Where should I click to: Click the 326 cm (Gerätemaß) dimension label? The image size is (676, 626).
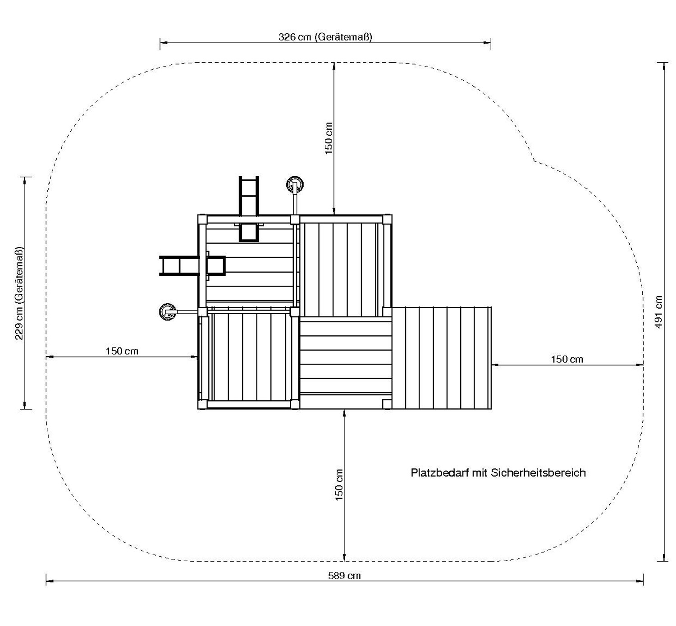click(x=325, y=37)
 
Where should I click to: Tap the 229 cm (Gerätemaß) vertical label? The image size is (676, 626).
click(x=19, y=293)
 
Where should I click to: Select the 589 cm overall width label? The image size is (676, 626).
click(x=344, y=576)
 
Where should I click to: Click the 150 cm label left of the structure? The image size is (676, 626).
click(x=122, y=351)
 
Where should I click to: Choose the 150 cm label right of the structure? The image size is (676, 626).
click(x=567, y=359)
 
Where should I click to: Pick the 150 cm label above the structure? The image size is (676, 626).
click(x=329, y=138)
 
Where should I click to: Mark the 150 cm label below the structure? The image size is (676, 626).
click(x=339, y=485)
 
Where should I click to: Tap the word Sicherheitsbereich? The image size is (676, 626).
click(x=538, y=473)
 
